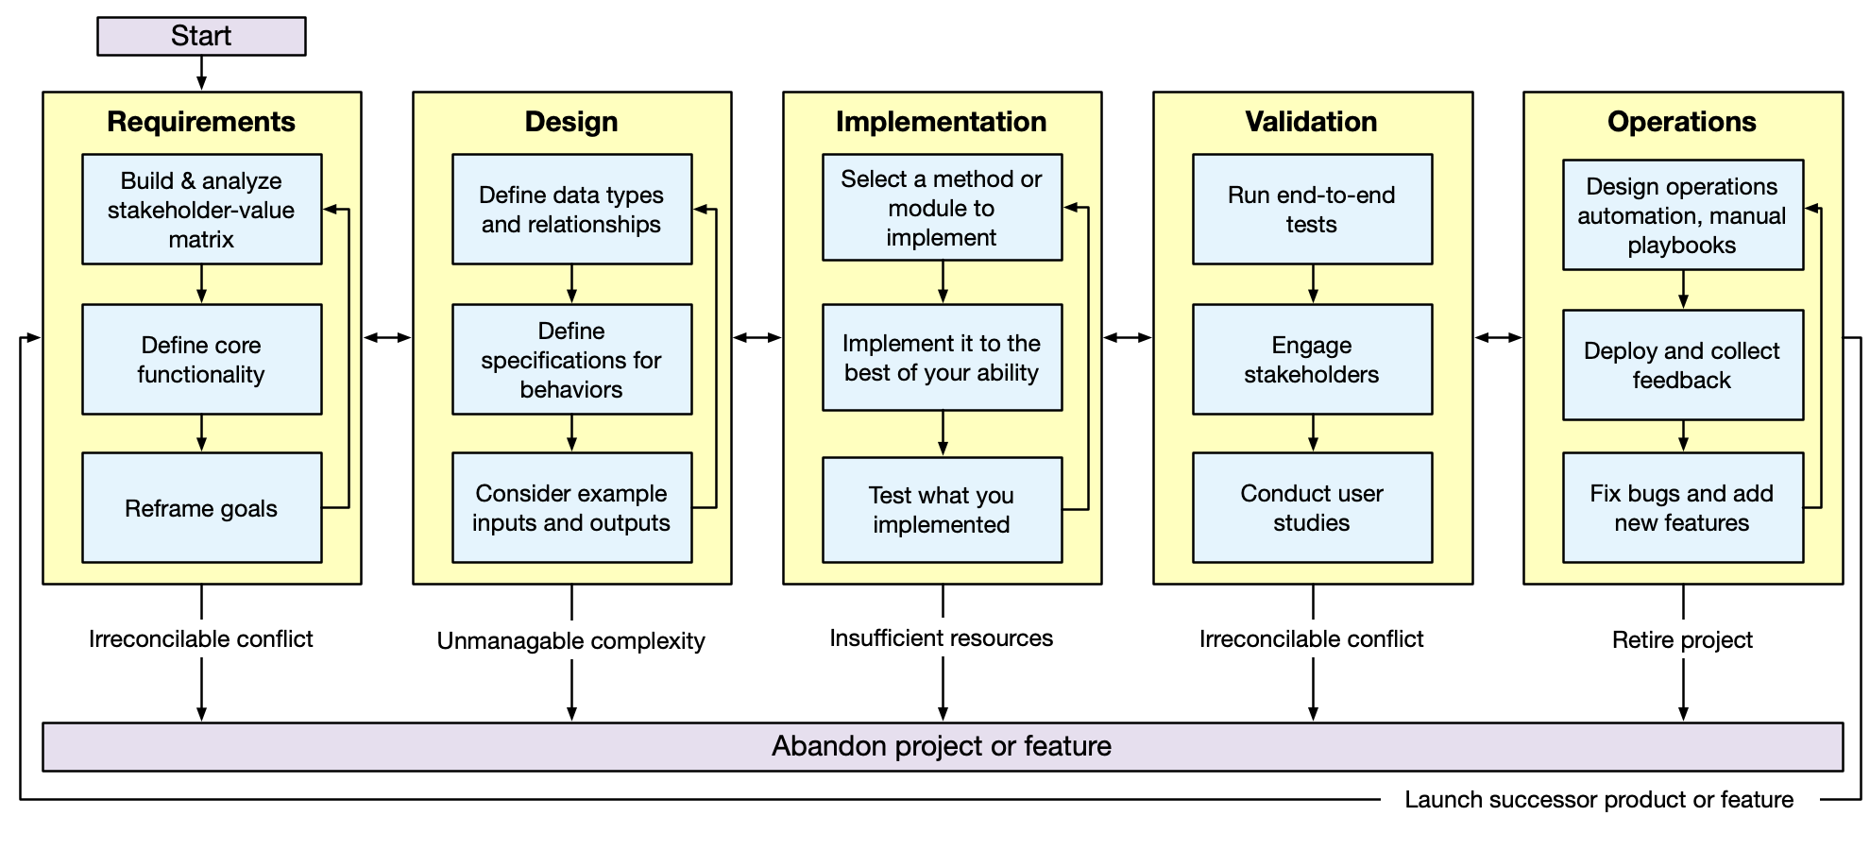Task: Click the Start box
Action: [201, 36]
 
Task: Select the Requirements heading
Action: [201, 122]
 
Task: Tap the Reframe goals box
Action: [201, 508]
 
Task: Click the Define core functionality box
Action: [201, 359]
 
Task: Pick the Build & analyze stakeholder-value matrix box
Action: [201, 210]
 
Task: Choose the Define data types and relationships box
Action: [571, 210]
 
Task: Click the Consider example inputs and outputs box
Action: [571, 508]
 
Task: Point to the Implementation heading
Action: [941, 122]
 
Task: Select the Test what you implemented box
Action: [942, 510]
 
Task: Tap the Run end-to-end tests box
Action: [1312, 210]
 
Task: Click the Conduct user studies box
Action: [1312, 508]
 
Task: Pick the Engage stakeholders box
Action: [1312, 359]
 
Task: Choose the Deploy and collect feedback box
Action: [1682, 365]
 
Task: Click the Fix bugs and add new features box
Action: [1682, 508]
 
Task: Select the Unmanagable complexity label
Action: [571, 640]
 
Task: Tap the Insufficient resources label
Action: [942, 637]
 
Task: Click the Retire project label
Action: [1682, 639]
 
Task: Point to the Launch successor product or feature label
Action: [1599, 799]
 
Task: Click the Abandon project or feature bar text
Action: [942, 746]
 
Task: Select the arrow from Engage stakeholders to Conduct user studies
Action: [1313, 433]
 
